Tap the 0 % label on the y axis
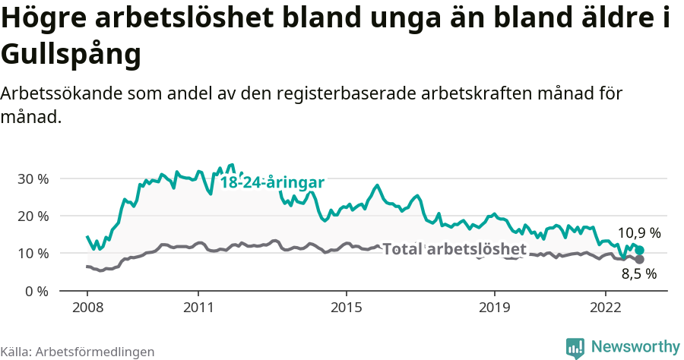(37, 291)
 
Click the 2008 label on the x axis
(87, 309)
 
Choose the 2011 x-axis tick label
(198, 309)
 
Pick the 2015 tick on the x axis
(347, 309)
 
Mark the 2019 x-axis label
(495, 309)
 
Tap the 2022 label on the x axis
(606, 309)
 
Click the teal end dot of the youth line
(640, 250)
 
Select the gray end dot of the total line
(640, 259)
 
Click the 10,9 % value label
(639, 233)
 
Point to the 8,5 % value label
(639, 274)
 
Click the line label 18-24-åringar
(272, 182)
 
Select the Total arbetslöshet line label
(454, 249)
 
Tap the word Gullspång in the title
(71, 54)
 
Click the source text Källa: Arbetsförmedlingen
(78, 352)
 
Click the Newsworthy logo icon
(575, 347)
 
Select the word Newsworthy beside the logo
(635, 347)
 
